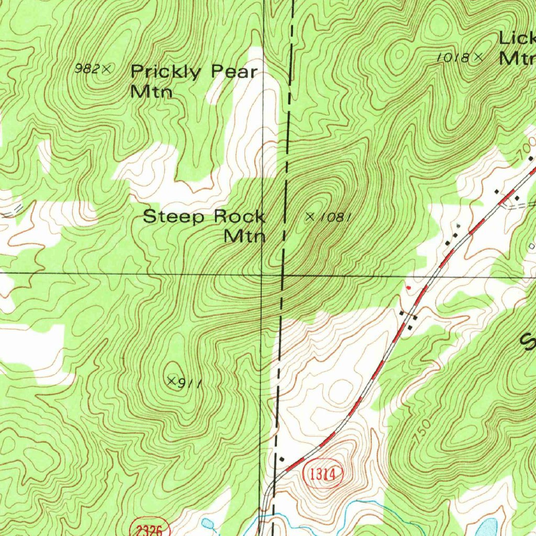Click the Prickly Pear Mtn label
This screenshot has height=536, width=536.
pos(194,80)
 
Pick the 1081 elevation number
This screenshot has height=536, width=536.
pos(333,217)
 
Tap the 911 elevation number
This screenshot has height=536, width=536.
pos(190,384)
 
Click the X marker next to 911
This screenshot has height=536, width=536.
pos(171,380)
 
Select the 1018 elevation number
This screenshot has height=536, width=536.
pos(453,58)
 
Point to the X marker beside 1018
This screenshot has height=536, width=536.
pos(477,58)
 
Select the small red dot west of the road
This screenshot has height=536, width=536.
pos(409,287)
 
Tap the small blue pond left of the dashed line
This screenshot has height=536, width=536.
pos(207,523)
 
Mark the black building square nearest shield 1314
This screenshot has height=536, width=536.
pos(282,459)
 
